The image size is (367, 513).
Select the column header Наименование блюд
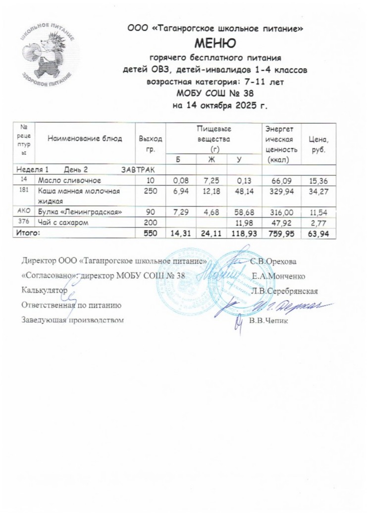pyautogui.click(x=85, y=139)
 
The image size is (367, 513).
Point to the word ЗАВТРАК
pyautogui.click(x=139, y=170)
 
